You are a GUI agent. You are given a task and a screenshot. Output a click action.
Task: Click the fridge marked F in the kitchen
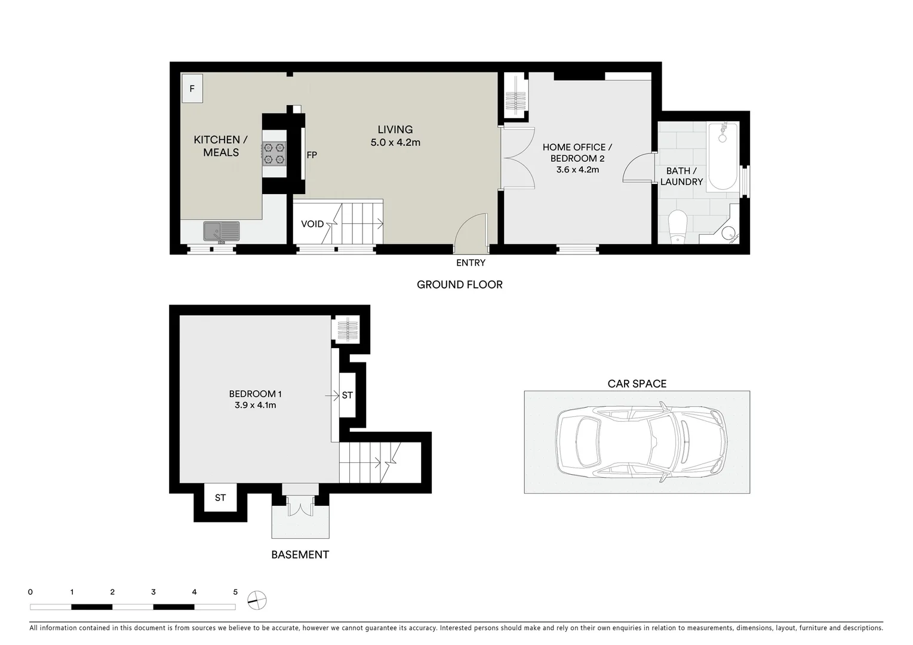(x=192, y=88)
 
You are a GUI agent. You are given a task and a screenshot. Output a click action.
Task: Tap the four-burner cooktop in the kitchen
(x=274, y=153)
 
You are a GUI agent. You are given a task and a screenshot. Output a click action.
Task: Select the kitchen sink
(x=220, y=231)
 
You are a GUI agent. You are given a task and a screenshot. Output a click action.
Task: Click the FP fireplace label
(x=312, y=155)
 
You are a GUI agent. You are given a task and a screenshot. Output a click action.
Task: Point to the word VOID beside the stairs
(x=312, y=224)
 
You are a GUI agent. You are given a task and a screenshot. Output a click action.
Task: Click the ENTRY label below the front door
(x=471, y=263)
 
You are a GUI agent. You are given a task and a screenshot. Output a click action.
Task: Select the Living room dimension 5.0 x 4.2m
(x=395, y=143)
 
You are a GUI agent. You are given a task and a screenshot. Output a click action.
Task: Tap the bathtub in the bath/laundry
(x=723, y=156)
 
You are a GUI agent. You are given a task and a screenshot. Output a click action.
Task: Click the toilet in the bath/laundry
(x=678, y=227)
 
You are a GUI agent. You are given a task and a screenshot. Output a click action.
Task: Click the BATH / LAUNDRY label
(x=681, y=176)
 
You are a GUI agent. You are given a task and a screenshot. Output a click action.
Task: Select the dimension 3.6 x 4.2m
(x=577, y=170)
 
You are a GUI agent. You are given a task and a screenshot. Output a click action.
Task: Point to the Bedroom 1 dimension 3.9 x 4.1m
(x=255, y=405)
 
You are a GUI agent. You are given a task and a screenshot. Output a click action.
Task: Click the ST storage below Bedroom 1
(x=220, y=497)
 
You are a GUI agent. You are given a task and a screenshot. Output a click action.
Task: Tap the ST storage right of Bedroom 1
(x=348, y=395)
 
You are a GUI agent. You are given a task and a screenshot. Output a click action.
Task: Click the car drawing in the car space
(x=641, y=442)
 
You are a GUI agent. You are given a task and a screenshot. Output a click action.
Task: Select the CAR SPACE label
(x=637, y=383)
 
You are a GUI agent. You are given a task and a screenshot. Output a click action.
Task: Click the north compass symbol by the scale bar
(x=257, y=600)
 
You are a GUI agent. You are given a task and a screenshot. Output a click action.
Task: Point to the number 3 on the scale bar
(x=153, y=592)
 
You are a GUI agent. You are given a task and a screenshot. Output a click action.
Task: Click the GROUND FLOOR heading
(x=459, y=285)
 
